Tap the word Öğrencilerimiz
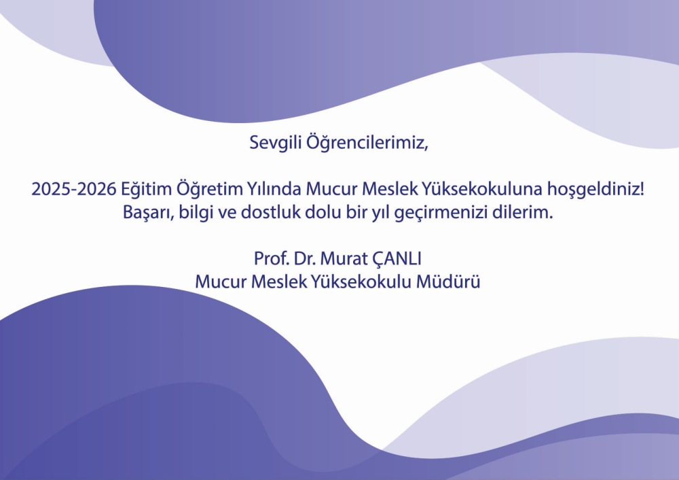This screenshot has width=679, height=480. pos(367,143)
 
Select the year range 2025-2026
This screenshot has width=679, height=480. pos(74,189)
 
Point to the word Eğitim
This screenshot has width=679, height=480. pos(146,189)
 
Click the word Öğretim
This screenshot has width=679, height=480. pos(210,189)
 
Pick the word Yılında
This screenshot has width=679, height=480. pos(274,189)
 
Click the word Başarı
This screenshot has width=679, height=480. pos(148,213)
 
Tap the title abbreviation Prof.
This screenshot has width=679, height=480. pos(272,258)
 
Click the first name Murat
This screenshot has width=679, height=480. pos(344,258)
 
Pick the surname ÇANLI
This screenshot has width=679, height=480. pos(397,259)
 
